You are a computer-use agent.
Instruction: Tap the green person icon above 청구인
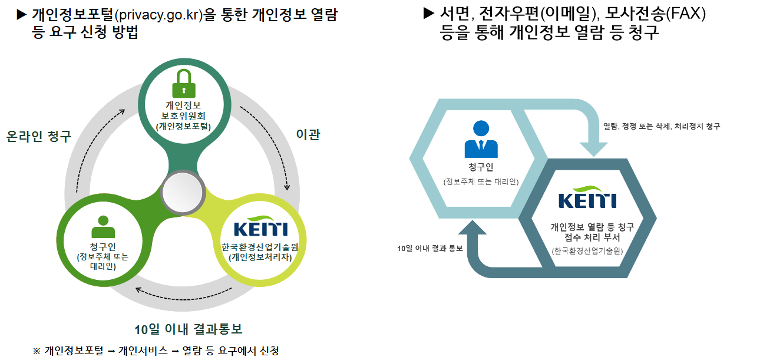pos(103,226)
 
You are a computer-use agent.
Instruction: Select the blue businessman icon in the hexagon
pos(481,139)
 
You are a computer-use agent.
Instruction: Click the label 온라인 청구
pos(39,136)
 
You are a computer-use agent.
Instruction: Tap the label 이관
pos(308,134)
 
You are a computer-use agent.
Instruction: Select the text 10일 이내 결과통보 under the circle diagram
pos(189,329)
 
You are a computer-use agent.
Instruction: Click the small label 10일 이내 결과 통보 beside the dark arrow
pos(430,248)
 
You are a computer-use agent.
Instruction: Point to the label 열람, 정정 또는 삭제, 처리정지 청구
pos(662,126)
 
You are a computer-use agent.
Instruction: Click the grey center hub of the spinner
pos(183,193)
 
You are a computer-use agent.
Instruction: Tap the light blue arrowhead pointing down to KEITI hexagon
pos(593,148)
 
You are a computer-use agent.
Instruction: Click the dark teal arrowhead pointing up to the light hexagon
pos(473,227)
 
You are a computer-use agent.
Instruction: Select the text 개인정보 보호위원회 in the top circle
pos(183,110)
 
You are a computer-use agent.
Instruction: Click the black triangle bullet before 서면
pos(428,14)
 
